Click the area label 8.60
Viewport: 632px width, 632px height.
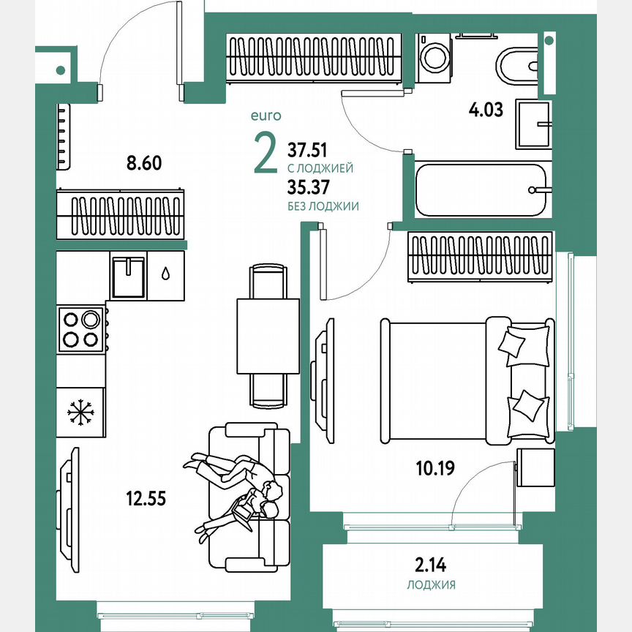pyautogui.click(x=143, y=163)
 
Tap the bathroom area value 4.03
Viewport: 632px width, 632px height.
pyautogui.click(x=486, y=111)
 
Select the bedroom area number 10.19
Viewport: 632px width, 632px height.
pyautogui.click(x=435, y=467)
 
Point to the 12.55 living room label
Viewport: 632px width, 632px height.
pyautogui.click(x=146, y=500)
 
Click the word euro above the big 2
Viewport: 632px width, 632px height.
pyautogui.click(x=266, y=115)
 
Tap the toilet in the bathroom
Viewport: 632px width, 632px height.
pyautogui.click(x=517, y=66)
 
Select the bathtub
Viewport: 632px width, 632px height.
pyautogui.click(x=481, y=189)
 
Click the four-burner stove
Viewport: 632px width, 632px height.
pyautogui.click(x=81, y=328)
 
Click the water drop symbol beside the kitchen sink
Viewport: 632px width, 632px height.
pyautogui.click(x=166, y=274)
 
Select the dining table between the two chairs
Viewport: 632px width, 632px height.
pyautogui.click(x=268, y=336)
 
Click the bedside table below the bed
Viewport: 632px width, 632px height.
pyautogui.click(x=535, y=469)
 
